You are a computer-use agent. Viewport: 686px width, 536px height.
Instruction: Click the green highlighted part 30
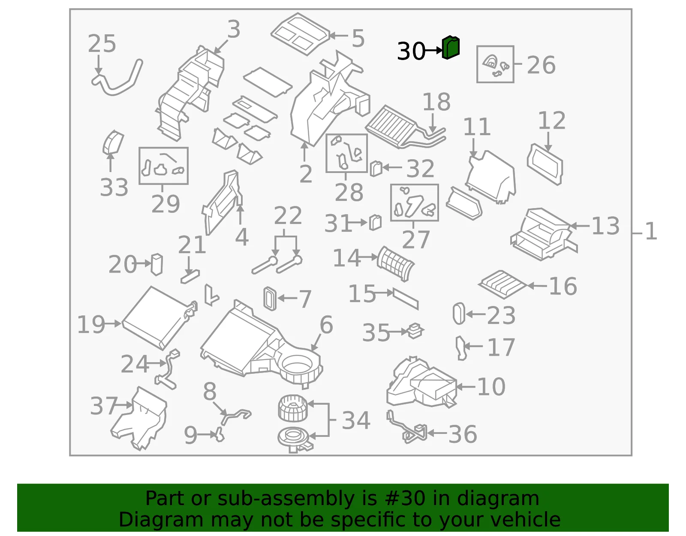coord(451,47)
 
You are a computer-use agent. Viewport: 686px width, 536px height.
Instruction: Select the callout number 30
coord(411,51)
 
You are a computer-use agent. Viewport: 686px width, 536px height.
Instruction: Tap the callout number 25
coord(102,44)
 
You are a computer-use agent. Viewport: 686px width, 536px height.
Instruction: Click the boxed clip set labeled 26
coord(495,64)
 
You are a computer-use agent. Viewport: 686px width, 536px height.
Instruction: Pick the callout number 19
coord(91,324)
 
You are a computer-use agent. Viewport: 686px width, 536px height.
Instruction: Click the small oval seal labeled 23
coord(459,313)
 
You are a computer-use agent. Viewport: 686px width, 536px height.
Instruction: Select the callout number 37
coord(104,406)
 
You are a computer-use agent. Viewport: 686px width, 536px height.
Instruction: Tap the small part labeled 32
coord(376,169)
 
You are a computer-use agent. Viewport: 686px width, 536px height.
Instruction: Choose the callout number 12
coord(551,120)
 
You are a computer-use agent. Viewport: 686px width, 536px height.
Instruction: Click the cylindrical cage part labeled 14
coord(396,263)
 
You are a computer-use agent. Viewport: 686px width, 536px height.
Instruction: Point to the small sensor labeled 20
coord(157,264)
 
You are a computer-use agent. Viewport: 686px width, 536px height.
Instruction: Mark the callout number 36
coord(463,434)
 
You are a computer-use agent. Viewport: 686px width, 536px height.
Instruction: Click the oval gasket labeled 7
coord(270,299)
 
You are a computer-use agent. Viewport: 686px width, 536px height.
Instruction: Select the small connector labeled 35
coord(415,331)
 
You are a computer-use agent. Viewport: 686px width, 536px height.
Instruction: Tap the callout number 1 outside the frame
coord(651,231)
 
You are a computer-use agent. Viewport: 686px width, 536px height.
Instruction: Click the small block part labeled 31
coord(375,223)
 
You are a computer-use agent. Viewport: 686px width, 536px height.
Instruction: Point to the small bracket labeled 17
coord(461,348)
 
